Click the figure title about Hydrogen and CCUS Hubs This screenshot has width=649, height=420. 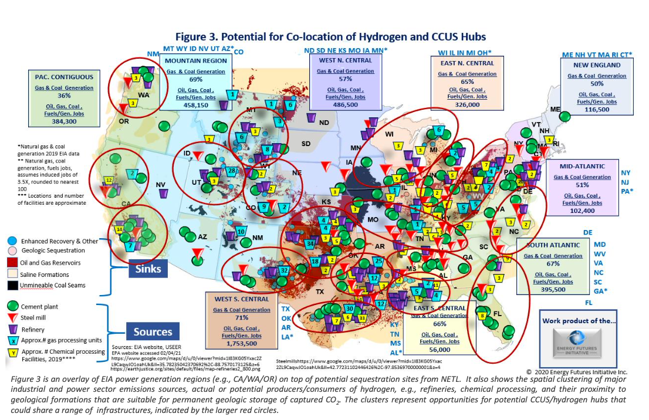[327, 37]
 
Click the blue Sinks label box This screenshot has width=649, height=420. [148, 269]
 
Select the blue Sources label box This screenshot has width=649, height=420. [153, 331]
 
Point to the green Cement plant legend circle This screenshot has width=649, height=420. [12, 307]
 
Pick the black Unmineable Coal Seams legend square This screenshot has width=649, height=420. [12, 285]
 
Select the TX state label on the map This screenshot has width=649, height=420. [320, 292]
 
